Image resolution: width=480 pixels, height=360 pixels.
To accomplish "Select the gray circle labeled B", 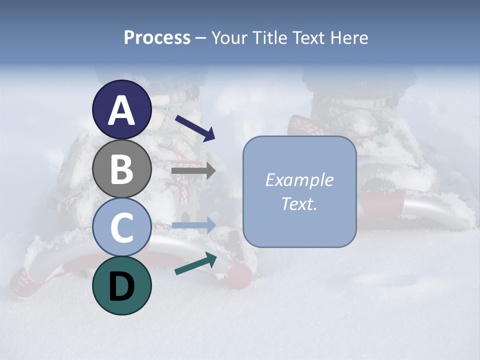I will [x=122, y=168].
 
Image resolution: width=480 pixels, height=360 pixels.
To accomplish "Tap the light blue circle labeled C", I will [x=122, y=228].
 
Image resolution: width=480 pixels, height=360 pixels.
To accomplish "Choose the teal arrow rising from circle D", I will [x=195, y=264].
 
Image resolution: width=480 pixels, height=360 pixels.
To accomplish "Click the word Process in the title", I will [x=157, y=38].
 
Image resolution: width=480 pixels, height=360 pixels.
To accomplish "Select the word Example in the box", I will [x=299, y=180].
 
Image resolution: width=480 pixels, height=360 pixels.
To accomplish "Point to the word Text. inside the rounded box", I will [x=299, y=203].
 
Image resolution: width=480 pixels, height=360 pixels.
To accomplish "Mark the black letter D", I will [x=122, y=286].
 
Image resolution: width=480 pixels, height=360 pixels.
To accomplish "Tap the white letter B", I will [x=122, y=169].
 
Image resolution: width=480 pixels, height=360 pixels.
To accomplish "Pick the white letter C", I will [x=122, y=228].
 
